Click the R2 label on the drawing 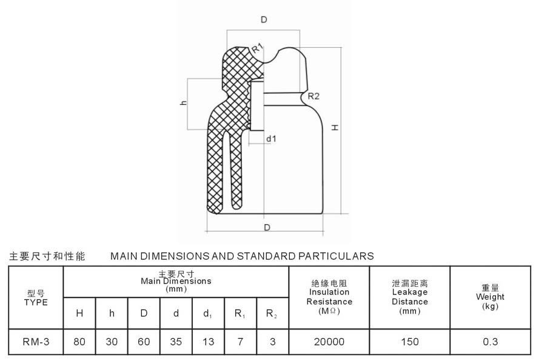pos(313,96)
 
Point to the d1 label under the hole pos(271,139)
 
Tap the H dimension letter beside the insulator pos(333,128)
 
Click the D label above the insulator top pos(264,20)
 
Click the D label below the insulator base pos(267,227)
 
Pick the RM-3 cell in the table pos(35,342)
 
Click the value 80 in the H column pos(79,342)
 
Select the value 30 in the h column pos(112,342)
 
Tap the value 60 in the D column pos(144,342)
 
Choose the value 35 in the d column pos(176,342)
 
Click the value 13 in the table pos(208,342)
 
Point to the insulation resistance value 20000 pos(329,342)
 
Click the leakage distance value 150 pos(410,342)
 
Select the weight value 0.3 pos(490,342)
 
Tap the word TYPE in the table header pos(36,302)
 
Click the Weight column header pos(490,297)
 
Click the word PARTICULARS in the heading pos(337,256)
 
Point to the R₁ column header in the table pos(240,313)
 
